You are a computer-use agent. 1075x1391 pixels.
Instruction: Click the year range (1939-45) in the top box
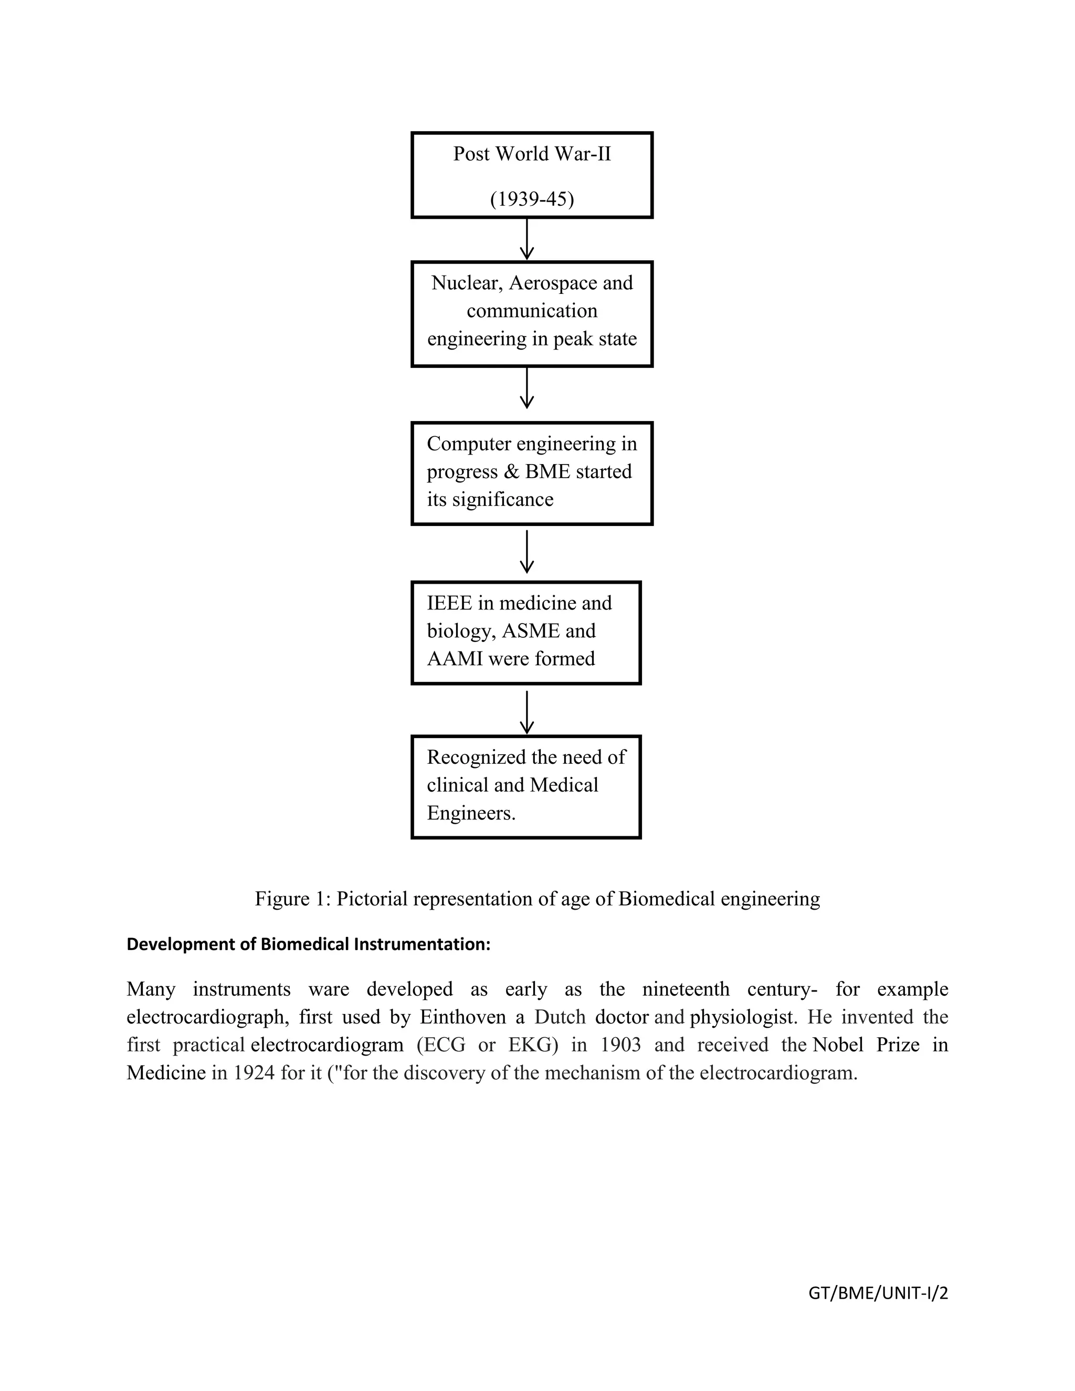[x=532, y=199]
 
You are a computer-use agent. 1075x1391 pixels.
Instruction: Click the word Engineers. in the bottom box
[x=471, y=813]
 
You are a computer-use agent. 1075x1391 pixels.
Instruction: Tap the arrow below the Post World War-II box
[x=526, y=239]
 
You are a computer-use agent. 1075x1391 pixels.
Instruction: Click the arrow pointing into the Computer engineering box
[x=526, y=388]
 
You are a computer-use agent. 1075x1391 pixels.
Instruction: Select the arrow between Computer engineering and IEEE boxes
[x=526, y=552]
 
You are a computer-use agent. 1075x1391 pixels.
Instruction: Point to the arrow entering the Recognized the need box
[x=526, y=713]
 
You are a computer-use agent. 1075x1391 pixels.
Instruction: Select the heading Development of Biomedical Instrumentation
[x=308, y=944]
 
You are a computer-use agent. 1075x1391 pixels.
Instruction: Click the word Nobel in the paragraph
[x=837, y=1045]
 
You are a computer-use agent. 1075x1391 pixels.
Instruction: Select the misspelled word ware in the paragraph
[x=329, y=989]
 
